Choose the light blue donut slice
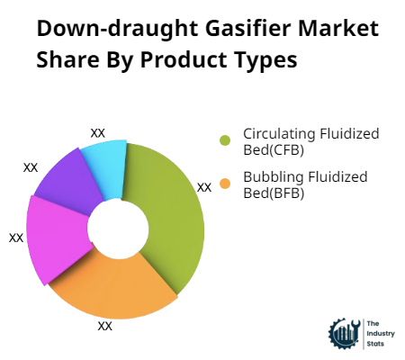pyautogui.click(x=105, y=162)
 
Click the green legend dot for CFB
pyautogui.click(x=226, y=139)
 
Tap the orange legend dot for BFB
pyautogui.click(x=226, y=184)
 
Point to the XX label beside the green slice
pyautogui.click(x=204, y=187)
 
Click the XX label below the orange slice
pyautogui.click(x=105, y=326)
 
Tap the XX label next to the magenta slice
pyautogui.click(x=16, y=238)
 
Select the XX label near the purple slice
pyautogui.click(x=31, y=167)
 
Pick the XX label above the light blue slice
pyautogui.click(x=98, y=132)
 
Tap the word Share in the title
pyautogui.click(x=67, y=60)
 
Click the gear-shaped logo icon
pyautogui.click(x=344, y=333)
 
